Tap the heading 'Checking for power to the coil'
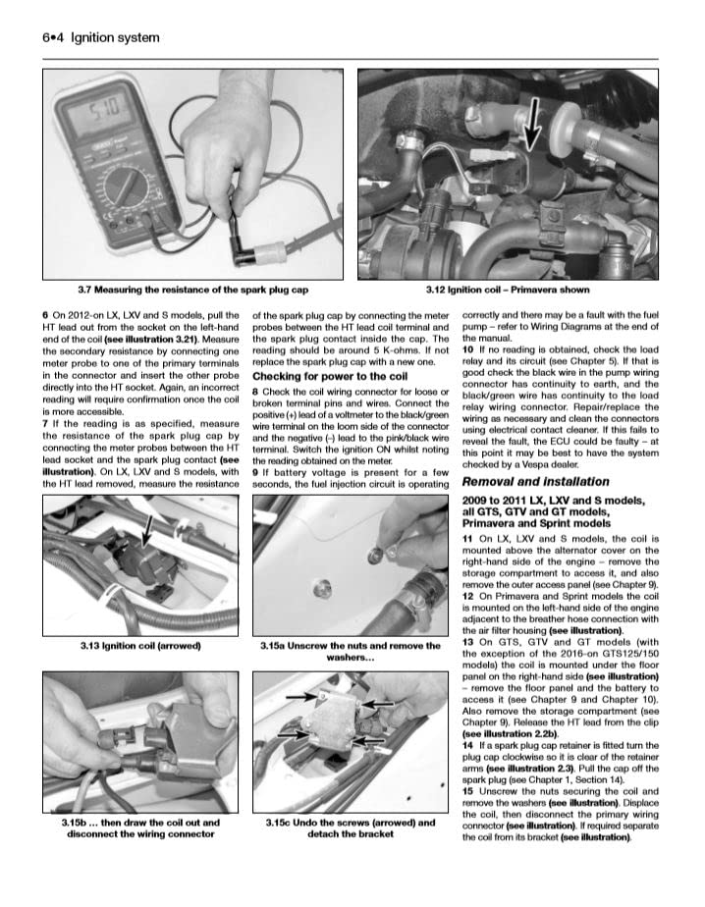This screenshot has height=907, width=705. click(316, 376)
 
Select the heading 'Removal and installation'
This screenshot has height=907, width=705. click(535, 482)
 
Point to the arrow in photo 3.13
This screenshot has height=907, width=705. click(146, 531)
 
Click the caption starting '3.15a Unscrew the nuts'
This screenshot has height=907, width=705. click(351, 652)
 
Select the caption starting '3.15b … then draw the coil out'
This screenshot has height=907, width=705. click(141, 828)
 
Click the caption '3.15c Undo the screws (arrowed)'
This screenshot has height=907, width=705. click(351, 828)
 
